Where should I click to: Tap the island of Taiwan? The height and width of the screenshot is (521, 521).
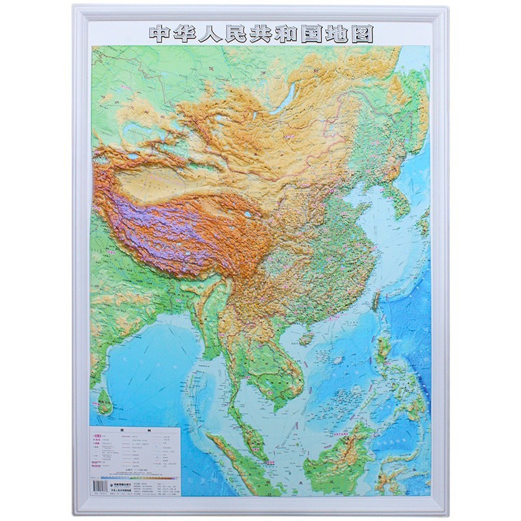pyautogui.click(x=376, y=298)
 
